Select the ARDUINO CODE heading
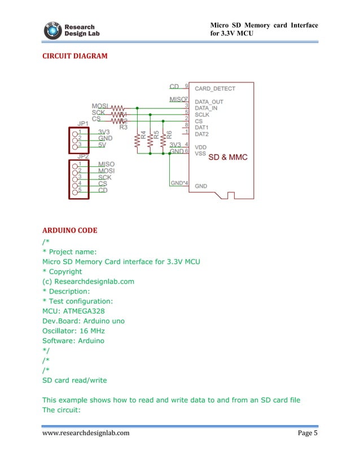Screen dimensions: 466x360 pyautogui.click(x=69, y=230)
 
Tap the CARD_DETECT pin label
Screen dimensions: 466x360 pyautogui.click(x=215, y=89)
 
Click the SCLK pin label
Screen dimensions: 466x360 pyautogui.click(x=202, y=115)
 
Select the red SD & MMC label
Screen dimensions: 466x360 pyautogui.click(x=227, y=157)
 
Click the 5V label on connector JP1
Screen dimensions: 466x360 pyautogui.click(x=103, y=144)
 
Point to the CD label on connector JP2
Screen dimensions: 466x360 pyautogui.click(x=103, y=190)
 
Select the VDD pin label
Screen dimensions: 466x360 pyautogui.click(x=201, y=146)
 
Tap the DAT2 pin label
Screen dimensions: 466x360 pyautogui.click(x=202, y=134)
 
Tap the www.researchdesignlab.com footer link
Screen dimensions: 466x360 pyautogui.click(x=86, y=433)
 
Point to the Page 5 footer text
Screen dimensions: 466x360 pyautogui.click(x=308, y=433)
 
